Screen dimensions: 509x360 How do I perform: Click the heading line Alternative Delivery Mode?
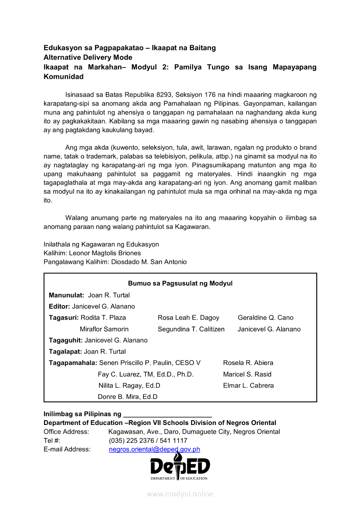88,57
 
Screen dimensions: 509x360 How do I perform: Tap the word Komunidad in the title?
64,77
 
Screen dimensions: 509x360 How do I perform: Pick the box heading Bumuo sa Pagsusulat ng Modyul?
180,283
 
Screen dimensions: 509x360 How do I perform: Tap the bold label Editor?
60,307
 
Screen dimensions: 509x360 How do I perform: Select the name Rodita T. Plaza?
103,318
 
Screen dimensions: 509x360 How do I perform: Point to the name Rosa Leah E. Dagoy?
188,318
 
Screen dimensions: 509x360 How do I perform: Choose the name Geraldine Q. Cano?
265,318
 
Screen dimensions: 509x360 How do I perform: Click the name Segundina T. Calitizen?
191,329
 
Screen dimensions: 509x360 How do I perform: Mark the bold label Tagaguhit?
66,340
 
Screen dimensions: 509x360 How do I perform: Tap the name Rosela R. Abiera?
248,363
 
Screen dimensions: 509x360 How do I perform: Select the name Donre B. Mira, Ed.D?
128,397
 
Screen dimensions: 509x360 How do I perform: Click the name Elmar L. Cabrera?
248,386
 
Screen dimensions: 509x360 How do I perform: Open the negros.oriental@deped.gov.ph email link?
154,449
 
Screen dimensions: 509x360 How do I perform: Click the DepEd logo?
180,467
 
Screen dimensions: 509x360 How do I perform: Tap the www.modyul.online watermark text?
180,494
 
